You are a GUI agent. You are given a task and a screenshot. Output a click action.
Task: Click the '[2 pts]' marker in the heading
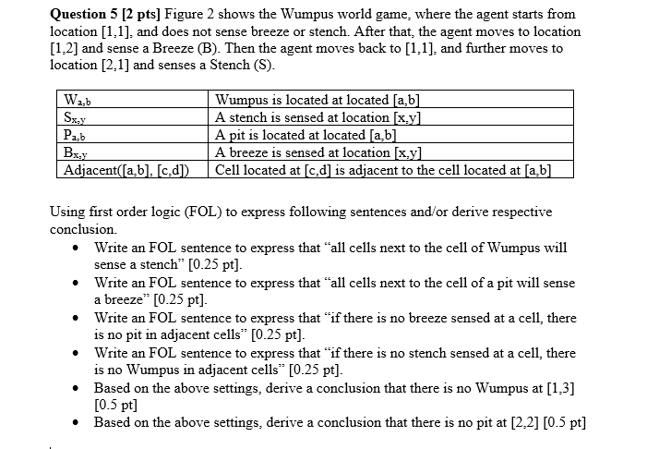click(151, 14)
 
